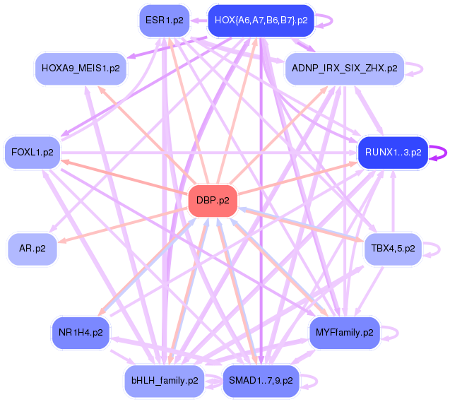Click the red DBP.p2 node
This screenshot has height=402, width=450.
pyautogui.click(x=213, y=201)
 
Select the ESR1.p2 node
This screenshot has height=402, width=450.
pyautogui.click(x=164, y=20)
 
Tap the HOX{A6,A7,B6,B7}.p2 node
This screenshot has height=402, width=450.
pyautogui.click(x=261, y=20)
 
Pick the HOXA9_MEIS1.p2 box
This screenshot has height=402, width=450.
pyautogui.click(x=81, y=69)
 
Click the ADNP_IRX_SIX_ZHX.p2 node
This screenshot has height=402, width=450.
pyautogui.click(x=343, y=69)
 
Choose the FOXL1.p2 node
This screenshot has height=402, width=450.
pyautogui.click(x=32, y=151)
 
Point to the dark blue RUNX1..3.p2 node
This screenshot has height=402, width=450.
pyautogui.click(x=393, y=152)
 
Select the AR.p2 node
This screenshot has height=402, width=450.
pyautogui.click(x=32, y=249)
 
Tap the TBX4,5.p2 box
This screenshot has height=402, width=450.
pyautogui.click(x=392, y=249)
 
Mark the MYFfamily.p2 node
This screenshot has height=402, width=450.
pyautogui.click(x=344, y=331)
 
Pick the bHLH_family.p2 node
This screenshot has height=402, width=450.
pyautogui.click(x=164, y=380)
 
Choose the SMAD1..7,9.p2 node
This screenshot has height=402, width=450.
pyautogui.click(x=261, y=380)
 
